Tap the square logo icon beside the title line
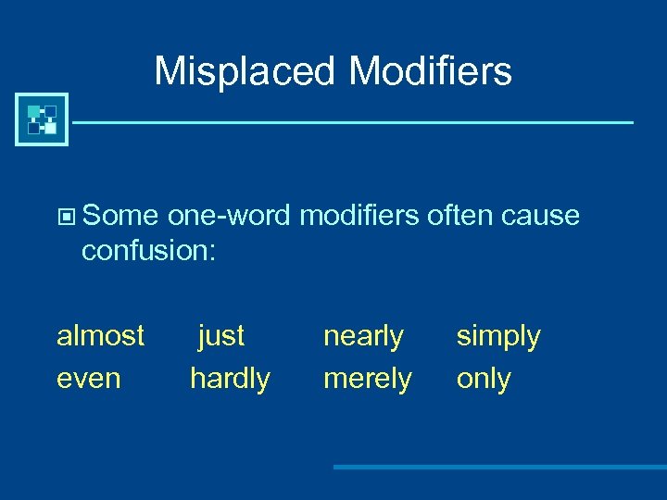pyautogui.click(x=42, y=119)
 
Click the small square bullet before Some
pyautogui.click(x=65, y=218)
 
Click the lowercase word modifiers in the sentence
pyautogui.click(x=359, y=216)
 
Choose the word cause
pyautogui.click(x=541, y=216)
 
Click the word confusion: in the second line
pyautogui.click(x=148, y=251)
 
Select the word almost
pyautogui.click(x=100, y=335)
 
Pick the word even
pyautogui.click(x=88, y=378)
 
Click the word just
pyautogui.click(x=221, y=335)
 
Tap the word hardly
pyautogui.click(x=230, y=378)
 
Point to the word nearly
pyautogui.click(x=363, y=335)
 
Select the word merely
pyautogui.click(x=367, y=378)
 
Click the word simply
pyautogui.click(x=498, y=335)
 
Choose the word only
pyautogui.click(x=484, y=378)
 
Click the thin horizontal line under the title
pyautogui.click(x=352, y=122)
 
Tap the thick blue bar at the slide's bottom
pyautogui.click(x=500, y=467)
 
